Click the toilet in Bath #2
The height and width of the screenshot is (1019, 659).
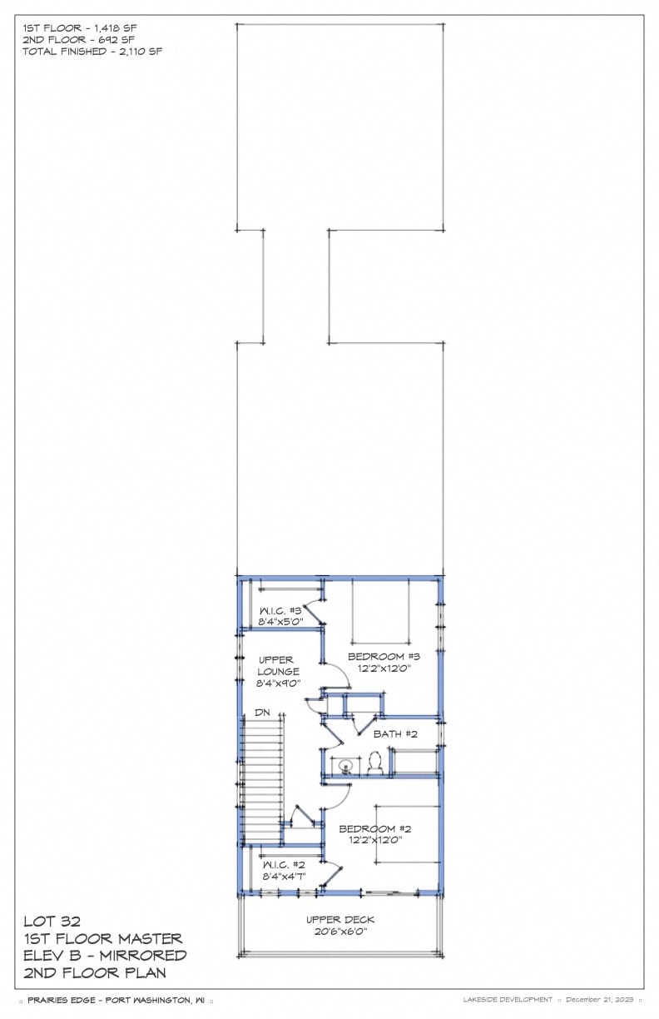pos(374,763)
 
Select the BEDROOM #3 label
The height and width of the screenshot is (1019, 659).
pos(379,656)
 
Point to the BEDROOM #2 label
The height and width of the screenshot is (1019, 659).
pos(374,829)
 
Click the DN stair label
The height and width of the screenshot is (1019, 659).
pos(262,713)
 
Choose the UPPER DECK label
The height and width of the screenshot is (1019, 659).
pos(340,920)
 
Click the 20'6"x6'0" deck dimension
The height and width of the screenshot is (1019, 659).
pos(340,932)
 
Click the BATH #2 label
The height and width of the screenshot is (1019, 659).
pos(395,734)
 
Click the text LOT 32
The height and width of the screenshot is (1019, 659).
pos(52,922)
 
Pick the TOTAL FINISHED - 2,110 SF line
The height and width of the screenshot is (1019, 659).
pos(92,51)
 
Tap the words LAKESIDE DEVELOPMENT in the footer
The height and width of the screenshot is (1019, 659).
pos(508,999)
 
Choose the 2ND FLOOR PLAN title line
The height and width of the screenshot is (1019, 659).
pos(94,972)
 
